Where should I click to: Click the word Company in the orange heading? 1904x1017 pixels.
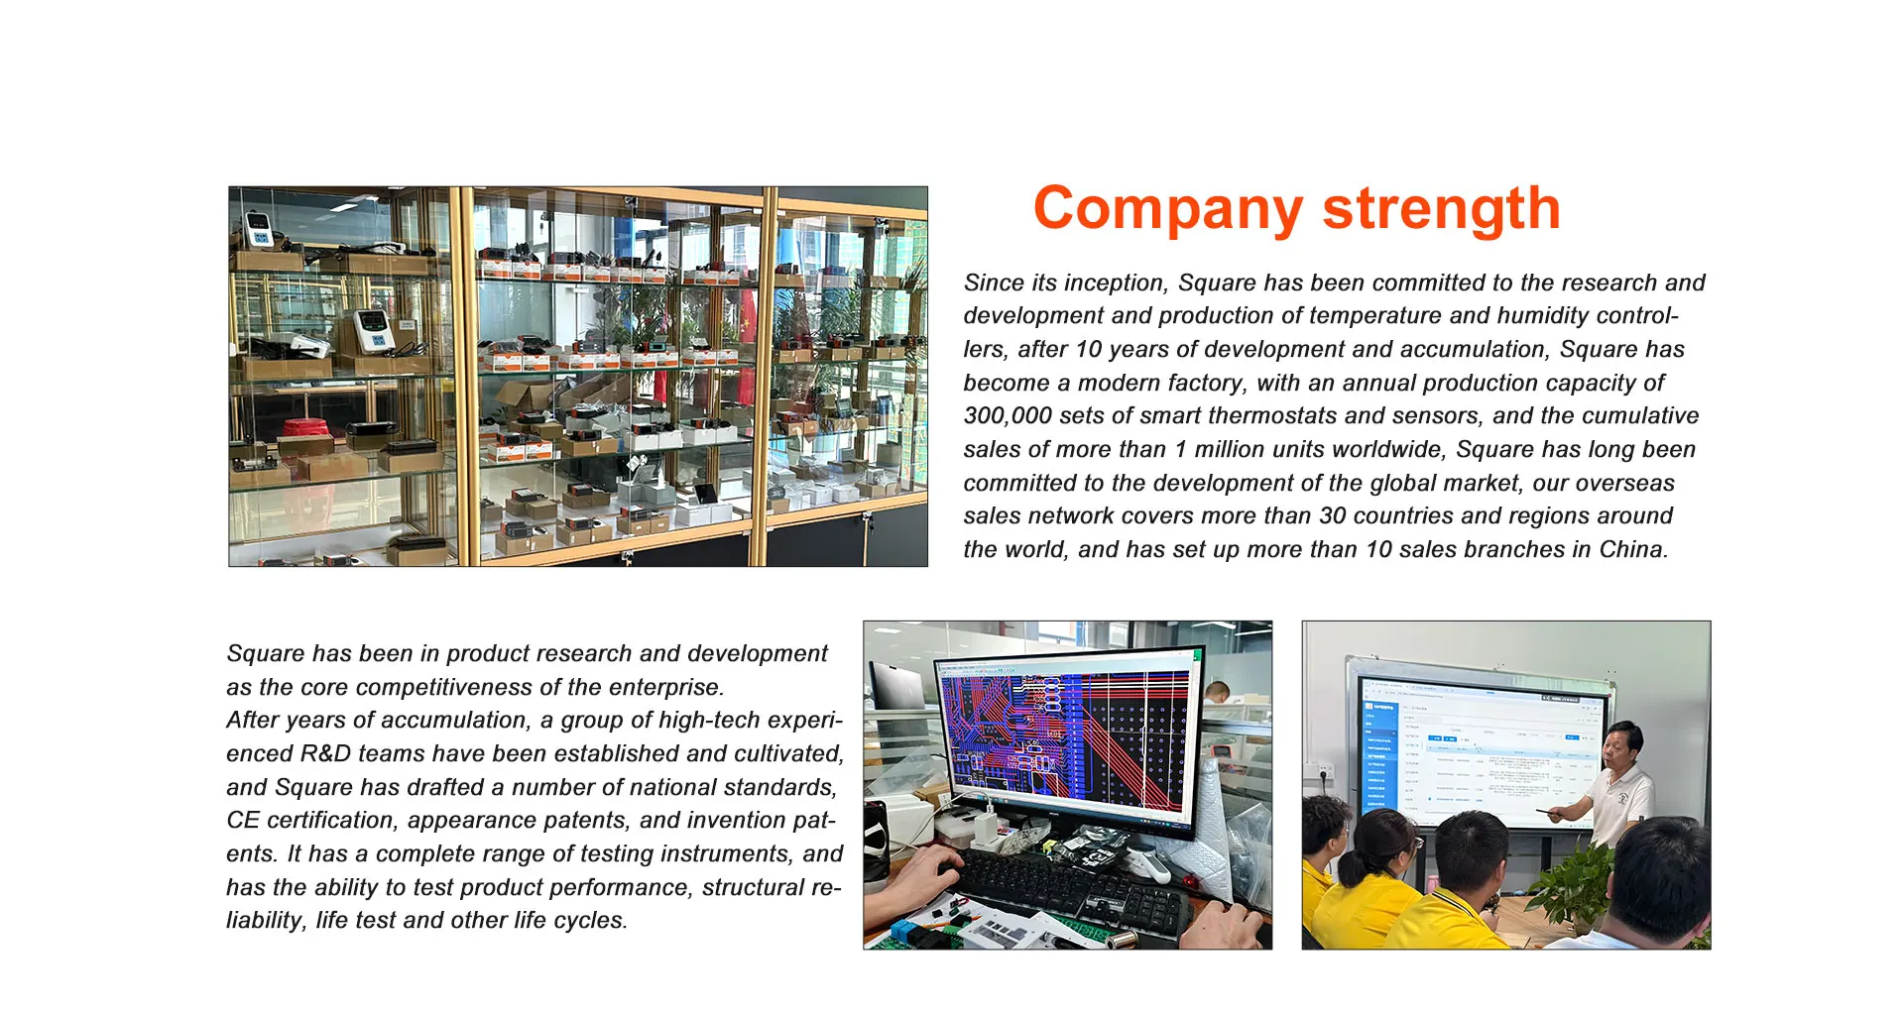pyautogui.click(x=1168, y=210)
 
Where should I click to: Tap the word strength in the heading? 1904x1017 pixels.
pyautogui.click(x=1442, y=208)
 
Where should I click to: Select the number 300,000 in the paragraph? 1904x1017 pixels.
pyautogui.click(x=1004, y=416)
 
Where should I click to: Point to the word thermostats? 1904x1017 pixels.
pyautogui.click(x=1274, y=416)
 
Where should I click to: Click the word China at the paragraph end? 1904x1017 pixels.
pyautogui.click(x=1633, y=549)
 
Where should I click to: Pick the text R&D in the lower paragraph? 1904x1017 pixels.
pyautogui.click(x=325, y=753)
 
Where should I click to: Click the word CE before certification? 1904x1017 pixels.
pyautogui.click(x=243, y=821)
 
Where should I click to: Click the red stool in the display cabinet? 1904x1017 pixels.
pyautogui.click(x=308, y=429)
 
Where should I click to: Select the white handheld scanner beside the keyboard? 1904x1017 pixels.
pyautogui.click(x=1150, y=866)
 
